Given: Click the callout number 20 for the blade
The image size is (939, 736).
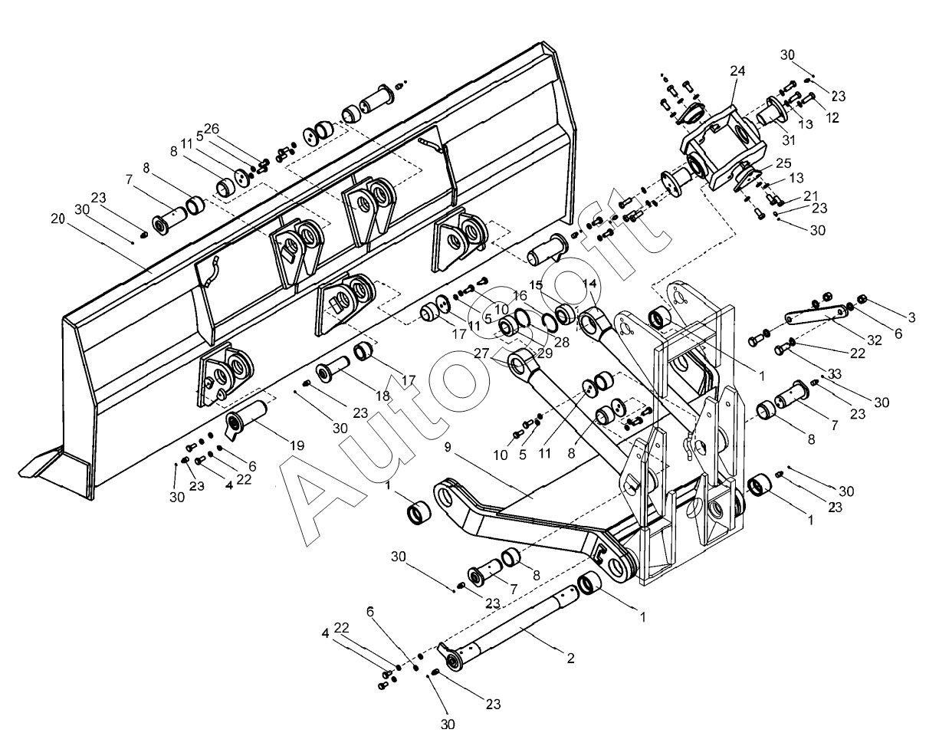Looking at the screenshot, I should click(x=57, y=219).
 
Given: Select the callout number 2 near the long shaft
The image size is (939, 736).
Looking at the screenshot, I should click(x=570, y=658).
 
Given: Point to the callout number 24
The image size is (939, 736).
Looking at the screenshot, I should click(x=737, y=71).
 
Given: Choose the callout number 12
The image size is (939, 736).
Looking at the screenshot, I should click(x=832, y=117).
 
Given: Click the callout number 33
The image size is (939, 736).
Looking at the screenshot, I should click(x=835, y=374).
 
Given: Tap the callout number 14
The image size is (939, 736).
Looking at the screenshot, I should click(x=589, y=284).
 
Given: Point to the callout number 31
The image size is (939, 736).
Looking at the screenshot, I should click(x=788, y=140).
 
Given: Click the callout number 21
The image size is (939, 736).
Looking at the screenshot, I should click(x=811, y=195).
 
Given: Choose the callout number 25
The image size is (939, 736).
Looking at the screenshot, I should click(x=783, y=163).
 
